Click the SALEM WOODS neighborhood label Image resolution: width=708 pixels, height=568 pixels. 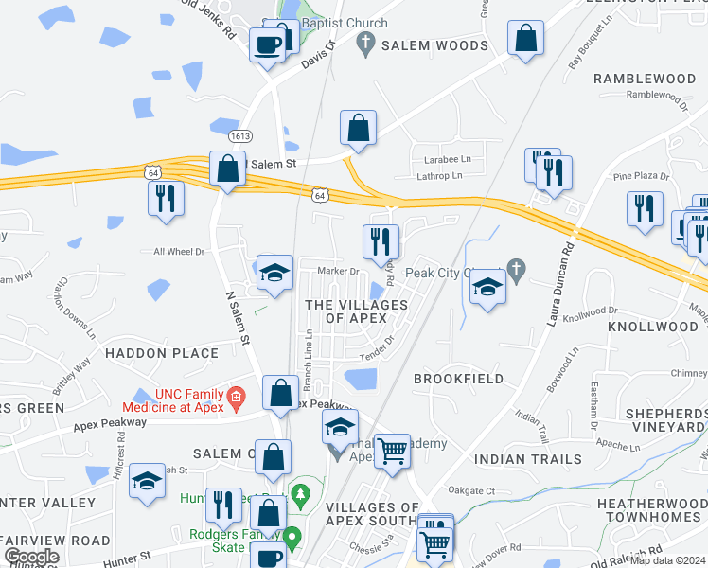(x=434, y=45)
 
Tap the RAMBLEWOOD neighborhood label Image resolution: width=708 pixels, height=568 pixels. (x=645, y=78)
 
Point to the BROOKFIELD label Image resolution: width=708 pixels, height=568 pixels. (x=459, y=378)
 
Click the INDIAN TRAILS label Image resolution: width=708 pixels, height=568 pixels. (x=528, y=459)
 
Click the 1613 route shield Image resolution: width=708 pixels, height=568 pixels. (x=240, y=136)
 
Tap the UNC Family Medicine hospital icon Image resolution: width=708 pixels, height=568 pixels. (x=237, y=395)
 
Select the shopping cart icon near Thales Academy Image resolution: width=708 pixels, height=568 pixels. (x=392, y=451)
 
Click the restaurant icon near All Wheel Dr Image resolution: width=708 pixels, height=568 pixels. (x=167, y=199)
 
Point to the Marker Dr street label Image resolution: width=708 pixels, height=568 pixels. (x=342, y=272)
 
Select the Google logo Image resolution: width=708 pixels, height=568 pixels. (x=31, y=557)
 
